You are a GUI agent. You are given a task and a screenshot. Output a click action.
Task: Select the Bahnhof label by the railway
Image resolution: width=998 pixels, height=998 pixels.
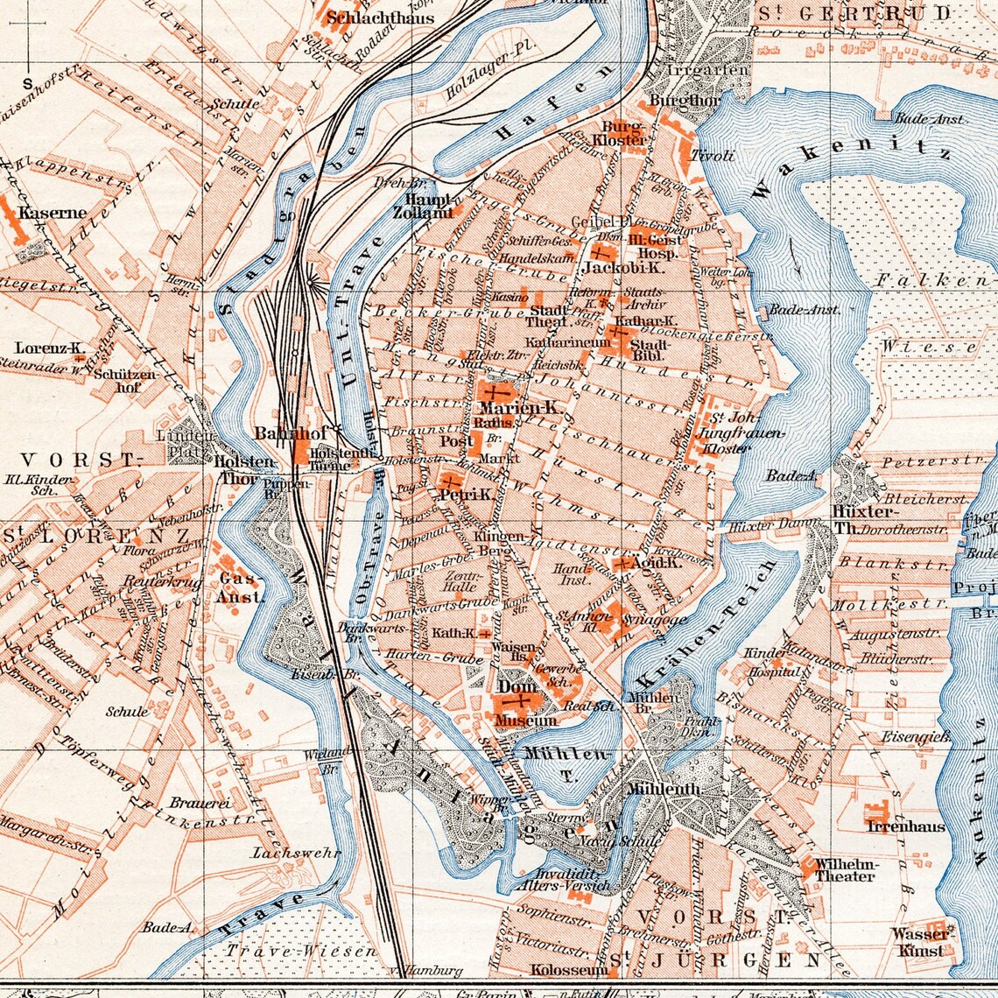(278, 433)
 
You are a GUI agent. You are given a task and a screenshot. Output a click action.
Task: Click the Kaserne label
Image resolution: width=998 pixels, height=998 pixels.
(53, 213)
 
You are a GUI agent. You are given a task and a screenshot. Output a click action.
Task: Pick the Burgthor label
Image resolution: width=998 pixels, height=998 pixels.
(672, 102)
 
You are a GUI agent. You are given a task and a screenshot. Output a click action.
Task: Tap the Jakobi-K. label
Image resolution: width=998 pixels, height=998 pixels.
(614, 267)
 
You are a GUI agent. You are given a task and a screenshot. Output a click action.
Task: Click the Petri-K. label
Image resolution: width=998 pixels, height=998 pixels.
(465, 495)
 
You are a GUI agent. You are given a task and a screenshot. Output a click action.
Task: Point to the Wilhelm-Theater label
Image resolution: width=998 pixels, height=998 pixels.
(844, 870)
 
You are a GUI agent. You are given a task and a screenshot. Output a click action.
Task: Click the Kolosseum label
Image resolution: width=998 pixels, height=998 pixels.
(569, 970)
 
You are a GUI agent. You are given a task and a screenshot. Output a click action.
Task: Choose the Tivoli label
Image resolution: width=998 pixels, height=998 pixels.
(713, 156)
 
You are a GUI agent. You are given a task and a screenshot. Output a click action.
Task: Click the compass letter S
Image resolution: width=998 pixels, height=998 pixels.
(27, 84)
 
